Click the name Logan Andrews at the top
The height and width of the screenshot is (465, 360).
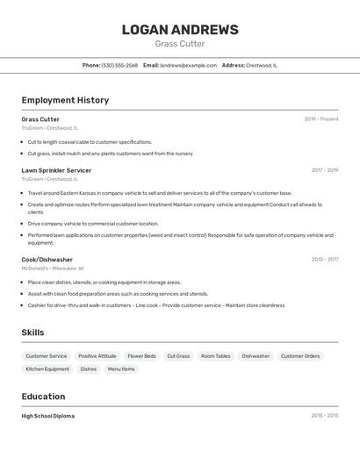pos(180,30)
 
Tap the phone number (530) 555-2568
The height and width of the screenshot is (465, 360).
pos(119,65)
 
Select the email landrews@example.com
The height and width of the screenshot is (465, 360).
pos(188,65)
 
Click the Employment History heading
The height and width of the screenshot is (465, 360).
pos(65,100)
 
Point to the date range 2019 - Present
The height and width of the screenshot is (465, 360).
pos(320,119)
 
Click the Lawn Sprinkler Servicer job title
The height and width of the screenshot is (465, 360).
pos(56,170)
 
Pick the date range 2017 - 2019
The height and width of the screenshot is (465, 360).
pos(324,170)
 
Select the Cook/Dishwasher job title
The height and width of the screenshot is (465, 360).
pos(47,260)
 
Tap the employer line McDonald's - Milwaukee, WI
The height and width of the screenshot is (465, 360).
pos(53,268)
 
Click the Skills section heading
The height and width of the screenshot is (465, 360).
pos(32,333)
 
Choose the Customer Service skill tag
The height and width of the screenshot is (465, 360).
pos(47,356)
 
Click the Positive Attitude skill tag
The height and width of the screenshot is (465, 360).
pos(97,356)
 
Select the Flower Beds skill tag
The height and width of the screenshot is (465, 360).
pos(141,356)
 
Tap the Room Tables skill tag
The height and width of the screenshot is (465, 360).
pos(215,356)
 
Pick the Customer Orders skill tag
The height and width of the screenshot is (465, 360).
pos(300,356)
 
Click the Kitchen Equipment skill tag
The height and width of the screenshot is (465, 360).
pos(47,369)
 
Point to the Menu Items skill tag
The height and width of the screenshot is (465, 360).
pos(121,369)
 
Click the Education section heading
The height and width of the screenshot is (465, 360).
pos(43,397)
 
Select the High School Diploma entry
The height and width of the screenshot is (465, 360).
pos(48,416)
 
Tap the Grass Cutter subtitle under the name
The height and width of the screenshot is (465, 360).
pos(180,44)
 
